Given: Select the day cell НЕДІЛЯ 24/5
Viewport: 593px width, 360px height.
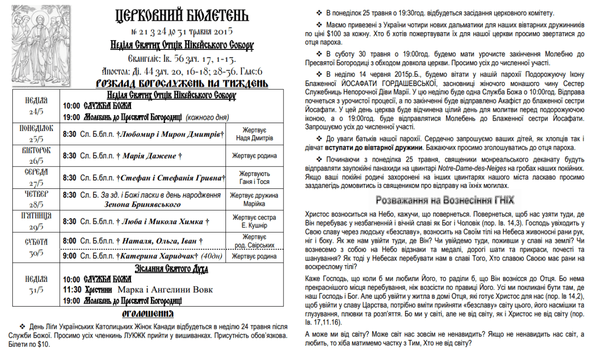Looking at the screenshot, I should pos(36,105).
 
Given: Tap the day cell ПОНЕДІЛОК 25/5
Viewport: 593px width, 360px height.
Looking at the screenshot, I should pos(36,134).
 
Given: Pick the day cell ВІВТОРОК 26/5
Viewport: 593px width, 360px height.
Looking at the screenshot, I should pos(36,155).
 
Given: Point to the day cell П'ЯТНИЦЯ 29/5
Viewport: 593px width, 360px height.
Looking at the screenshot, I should pos(36,221).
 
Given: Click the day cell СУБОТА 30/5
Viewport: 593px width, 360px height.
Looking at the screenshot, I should pos(36,247).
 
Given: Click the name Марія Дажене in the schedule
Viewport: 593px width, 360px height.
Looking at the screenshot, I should pos(149,156).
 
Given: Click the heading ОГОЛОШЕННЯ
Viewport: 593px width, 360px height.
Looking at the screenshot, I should pos(148,315).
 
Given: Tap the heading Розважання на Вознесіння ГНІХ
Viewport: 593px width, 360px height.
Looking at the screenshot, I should pos(445,200).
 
